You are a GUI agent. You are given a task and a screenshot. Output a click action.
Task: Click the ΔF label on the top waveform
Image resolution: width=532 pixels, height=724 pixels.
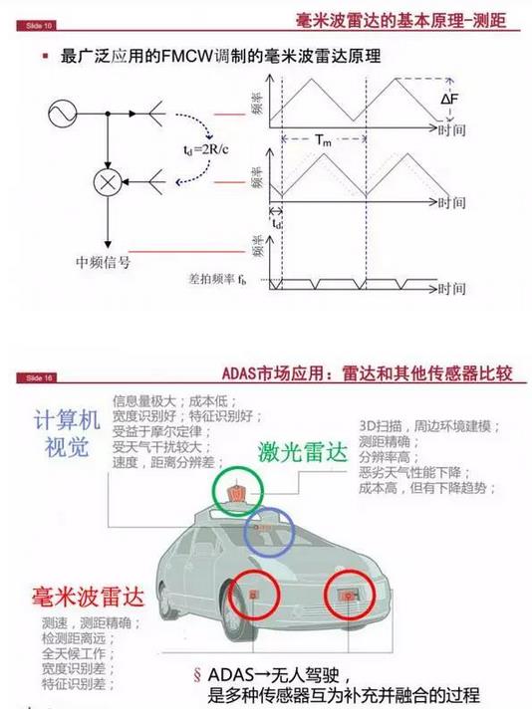450,100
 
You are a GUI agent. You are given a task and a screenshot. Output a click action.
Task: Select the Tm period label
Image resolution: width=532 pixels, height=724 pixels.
324,140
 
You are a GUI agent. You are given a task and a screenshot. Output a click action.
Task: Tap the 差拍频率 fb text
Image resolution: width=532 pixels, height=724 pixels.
221,282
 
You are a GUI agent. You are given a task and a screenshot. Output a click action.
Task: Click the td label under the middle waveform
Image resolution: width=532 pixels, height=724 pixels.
277,224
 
